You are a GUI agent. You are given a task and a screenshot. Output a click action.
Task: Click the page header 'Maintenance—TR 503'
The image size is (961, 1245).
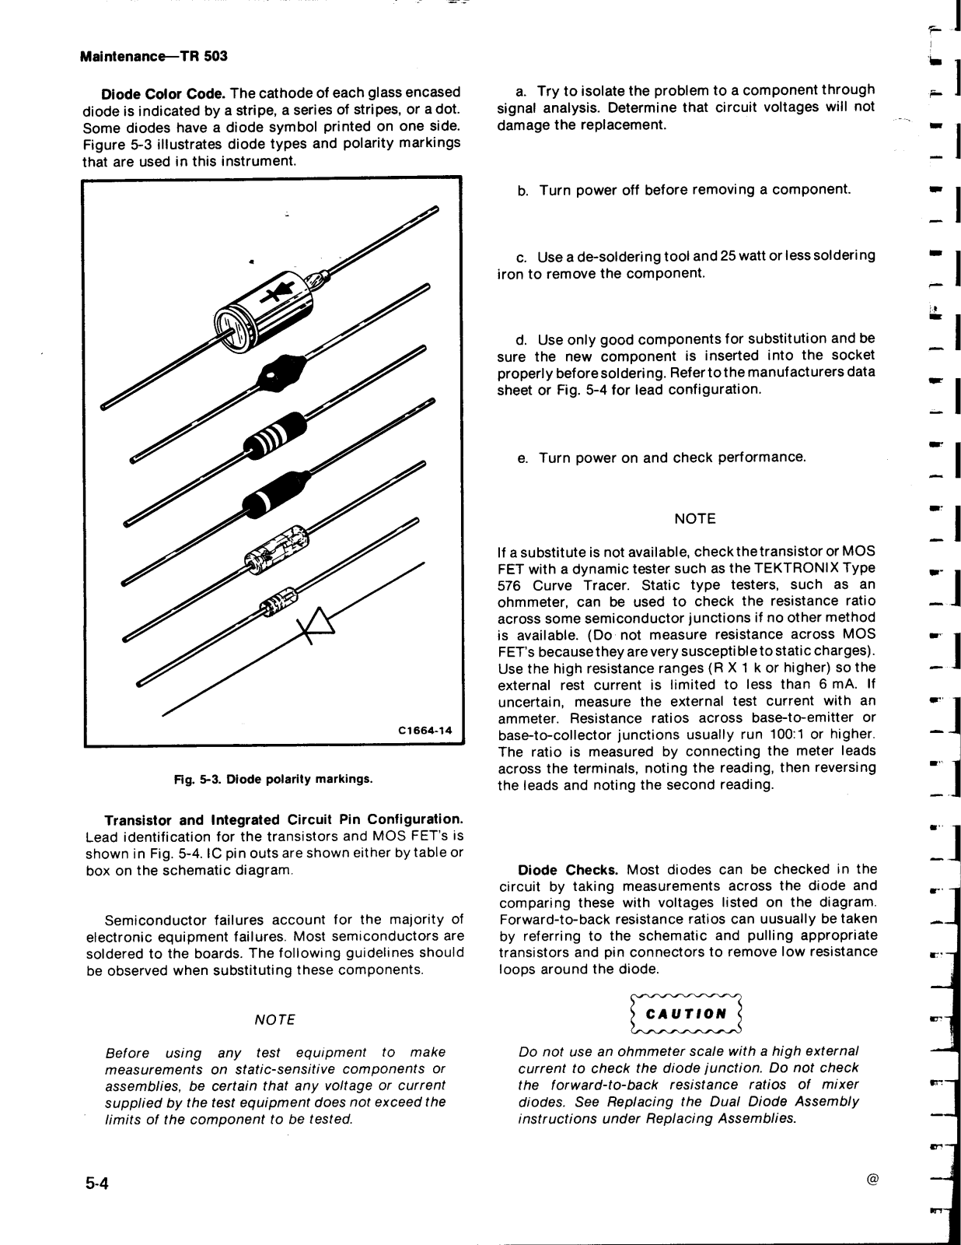click(x=154, y=57)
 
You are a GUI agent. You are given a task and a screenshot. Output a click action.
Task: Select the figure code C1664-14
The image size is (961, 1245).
click(x=425, y=731)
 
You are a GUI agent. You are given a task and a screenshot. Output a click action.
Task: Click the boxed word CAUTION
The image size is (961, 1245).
click(x=687, y=1013)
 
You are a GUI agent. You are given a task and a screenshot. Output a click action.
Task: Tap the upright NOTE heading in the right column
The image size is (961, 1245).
click(x=694, y=519)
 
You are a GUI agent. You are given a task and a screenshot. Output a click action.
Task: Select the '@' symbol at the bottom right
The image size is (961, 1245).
click(x=872, y=1180)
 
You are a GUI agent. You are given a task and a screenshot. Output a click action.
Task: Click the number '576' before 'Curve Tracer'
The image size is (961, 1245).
click(x=508, y=585)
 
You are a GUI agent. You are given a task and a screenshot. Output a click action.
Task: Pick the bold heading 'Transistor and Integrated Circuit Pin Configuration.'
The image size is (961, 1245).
click(x=285, y=820)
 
